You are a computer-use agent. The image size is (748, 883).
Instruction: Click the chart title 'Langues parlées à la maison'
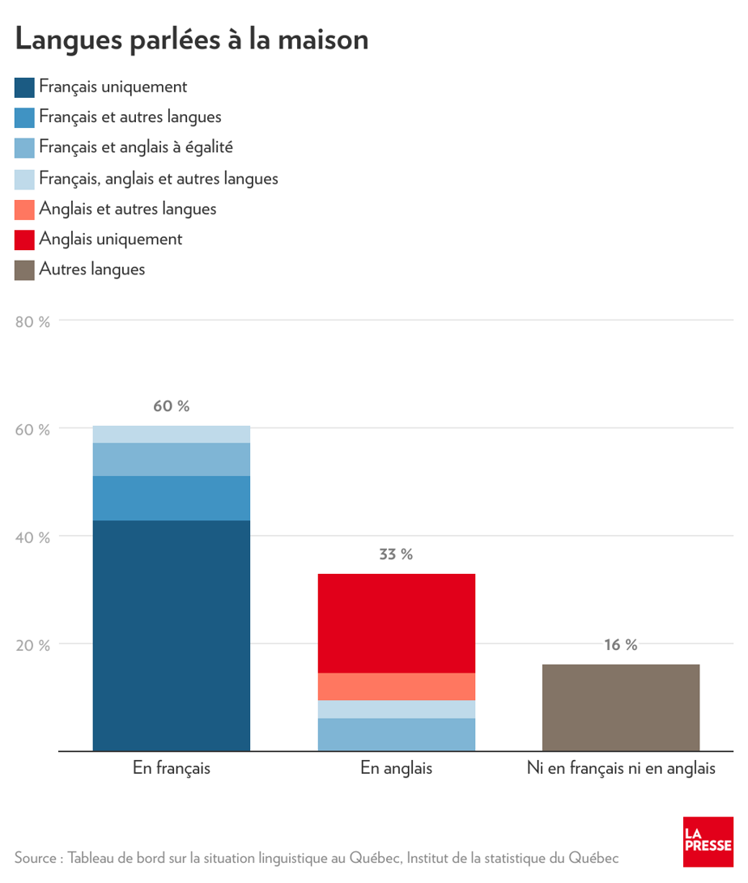pos(192,39)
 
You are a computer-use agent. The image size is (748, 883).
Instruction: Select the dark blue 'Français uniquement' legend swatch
pos(24,87)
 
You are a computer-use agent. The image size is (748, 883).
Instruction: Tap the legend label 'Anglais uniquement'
pos(111,239)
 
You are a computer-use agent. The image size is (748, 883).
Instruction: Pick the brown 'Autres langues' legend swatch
pos(24,270)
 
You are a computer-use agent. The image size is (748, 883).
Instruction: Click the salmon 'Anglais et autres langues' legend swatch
pos(24,209)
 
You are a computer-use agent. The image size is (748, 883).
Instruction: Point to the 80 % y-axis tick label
pos(33,321)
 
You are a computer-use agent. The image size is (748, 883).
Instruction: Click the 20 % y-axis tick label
pos(33,645)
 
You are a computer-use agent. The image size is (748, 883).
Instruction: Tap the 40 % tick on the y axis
pos(33,537)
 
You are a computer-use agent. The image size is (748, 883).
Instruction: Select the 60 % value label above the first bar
pos(172,406)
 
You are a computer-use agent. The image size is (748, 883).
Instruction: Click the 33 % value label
pos(396,554)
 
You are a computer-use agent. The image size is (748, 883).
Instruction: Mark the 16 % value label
pos(620,645)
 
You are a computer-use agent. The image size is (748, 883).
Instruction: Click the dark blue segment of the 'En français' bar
pos(172,635)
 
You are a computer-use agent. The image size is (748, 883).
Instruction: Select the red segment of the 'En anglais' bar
pos(396,623)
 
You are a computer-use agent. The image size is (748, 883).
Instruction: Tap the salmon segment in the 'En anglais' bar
pos(396,686)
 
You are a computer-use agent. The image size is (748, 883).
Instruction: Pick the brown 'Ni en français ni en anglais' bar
pos(620,707)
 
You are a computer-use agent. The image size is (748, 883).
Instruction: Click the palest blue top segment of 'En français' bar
pos(172,434)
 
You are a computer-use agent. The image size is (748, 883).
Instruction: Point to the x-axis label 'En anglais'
pos(396,768)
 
